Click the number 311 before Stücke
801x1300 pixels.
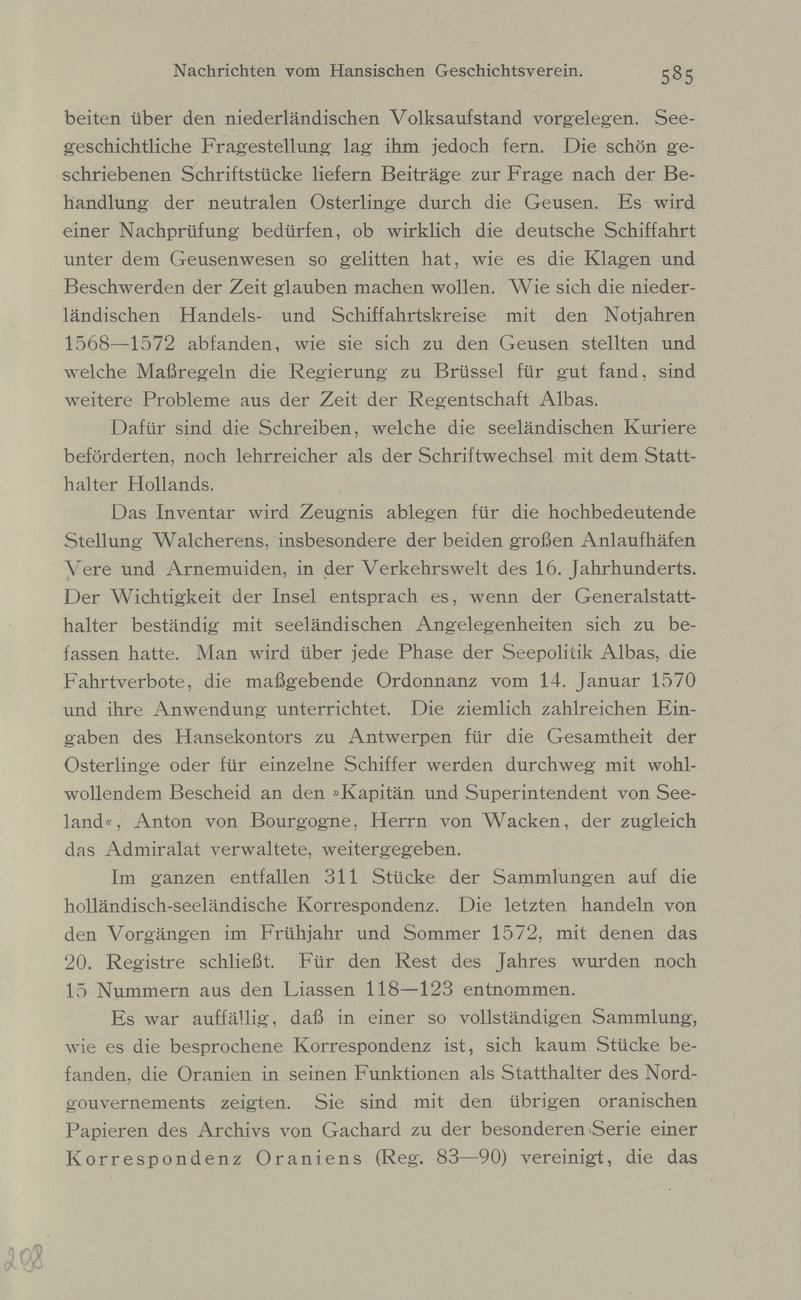[x=341, y=877]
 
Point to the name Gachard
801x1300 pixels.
[x=361, y=1130]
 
